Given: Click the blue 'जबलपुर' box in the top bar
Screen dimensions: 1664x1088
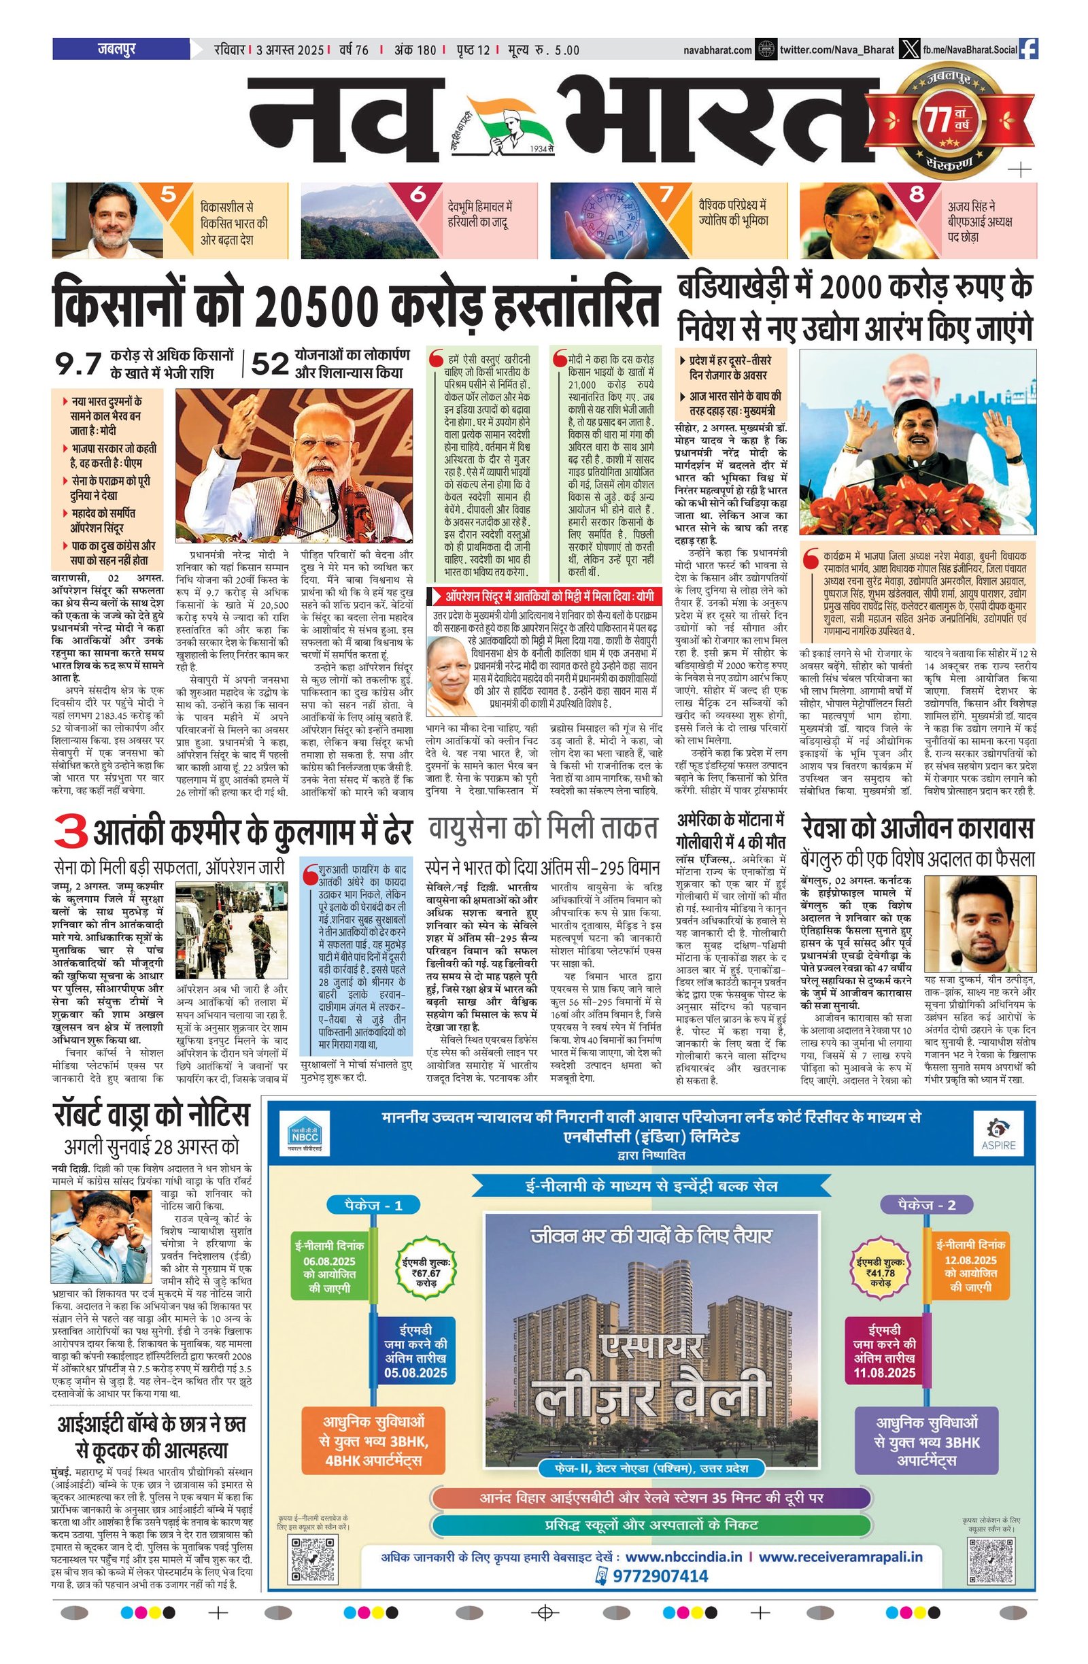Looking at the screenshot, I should point(120,50).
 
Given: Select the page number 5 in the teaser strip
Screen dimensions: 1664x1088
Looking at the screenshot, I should point(168,194).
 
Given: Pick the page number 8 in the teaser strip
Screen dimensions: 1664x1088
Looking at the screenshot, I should point(916,194).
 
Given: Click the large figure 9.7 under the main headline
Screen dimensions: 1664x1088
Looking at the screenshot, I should point(78,364).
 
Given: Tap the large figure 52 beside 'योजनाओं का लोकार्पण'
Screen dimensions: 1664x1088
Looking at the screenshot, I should point(269,364).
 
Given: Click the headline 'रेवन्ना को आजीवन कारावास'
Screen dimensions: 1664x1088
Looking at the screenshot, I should point(917,828).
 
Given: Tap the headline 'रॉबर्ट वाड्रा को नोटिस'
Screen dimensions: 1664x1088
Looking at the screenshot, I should point(151,1116).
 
